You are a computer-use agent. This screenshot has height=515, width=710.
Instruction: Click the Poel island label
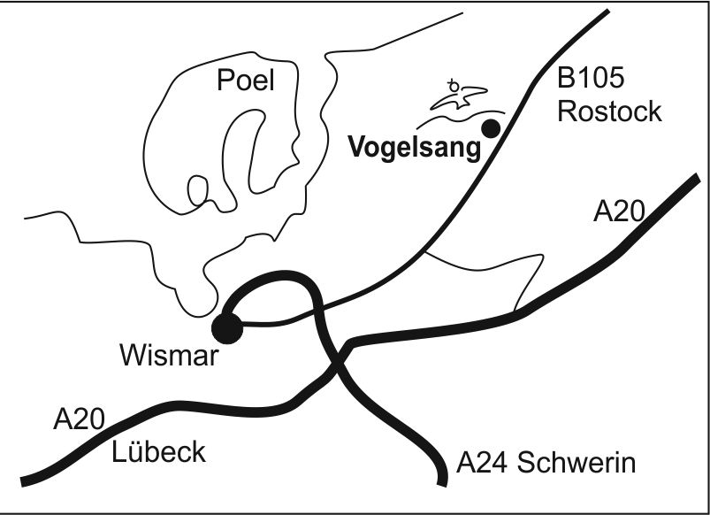246,81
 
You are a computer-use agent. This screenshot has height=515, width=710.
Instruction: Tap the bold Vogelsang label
415,147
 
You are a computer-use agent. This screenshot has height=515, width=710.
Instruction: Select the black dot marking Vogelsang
490,128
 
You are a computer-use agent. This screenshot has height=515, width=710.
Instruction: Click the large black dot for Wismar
226,327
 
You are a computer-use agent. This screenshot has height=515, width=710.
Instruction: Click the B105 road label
591,80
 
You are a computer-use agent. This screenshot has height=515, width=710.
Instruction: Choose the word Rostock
609,111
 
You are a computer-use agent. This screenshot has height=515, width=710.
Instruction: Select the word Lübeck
158,451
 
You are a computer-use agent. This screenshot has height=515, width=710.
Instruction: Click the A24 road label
485,462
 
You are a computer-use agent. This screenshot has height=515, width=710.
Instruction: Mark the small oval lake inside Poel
198,189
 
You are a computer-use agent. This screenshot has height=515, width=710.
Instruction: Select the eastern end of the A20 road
695,179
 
